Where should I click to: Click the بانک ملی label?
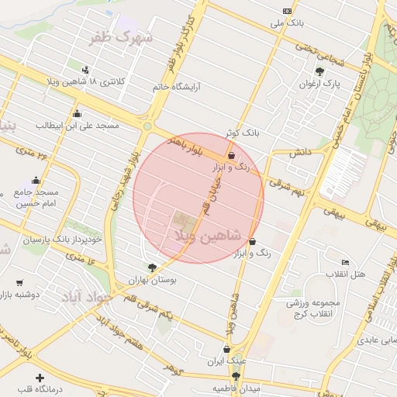(287, 24)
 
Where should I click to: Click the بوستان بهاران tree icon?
(152, 268)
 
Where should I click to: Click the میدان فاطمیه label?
(236, 386)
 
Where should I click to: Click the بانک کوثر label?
(240, 133)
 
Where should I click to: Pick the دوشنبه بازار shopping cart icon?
(19, 282)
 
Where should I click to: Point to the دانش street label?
(300, 153)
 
